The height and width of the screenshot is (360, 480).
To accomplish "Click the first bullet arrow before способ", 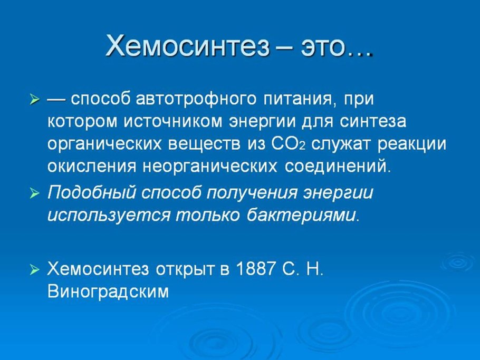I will pos(34,100).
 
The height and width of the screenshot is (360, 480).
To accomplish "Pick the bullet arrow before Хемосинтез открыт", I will pos(34,270).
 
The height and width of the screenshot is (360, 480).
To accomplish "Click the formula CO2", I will pos(291,144).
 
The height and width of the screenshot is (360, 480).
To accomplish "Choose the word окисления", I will pos(92,166).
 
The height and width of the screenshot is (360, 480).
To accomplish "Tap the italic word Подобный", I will pos(91,193).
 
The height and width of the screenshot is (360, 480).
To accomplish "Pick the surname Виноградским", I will pos(108,291).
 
